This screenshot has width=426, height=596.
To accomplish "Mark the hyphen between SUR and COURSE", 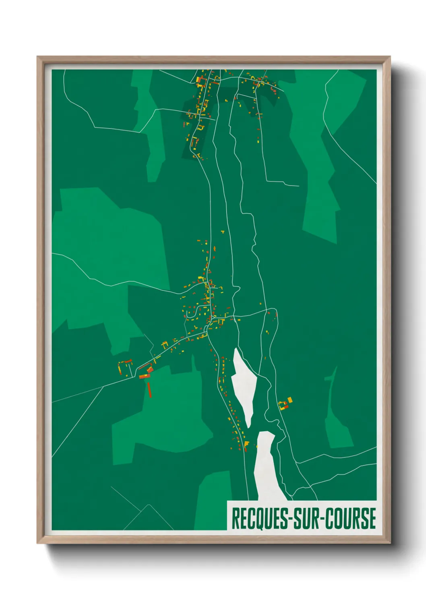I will coord(322,519).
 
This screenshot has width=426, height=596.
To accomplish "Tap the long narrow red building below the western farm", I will coord(149,389).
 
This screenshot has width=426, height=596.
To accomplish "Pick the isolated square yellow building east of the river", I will coord(290,399).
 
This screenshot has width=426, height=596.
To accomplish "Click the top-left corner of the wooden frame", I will coord(37,57).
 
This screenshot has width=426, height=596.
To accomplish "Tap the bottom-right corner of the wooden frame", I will coord(390,543).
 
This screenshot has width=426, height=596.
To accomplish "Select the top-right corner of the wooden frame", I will coord(390,57).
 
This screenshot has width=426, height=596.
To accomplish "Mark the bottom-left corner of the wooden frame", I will coord(37,543).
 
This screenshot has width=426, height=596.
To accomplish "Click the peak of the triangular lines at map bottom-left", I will coord(149,505).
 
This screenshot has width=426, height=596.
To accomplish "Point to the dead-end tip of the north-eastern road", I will coord(299,186).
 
